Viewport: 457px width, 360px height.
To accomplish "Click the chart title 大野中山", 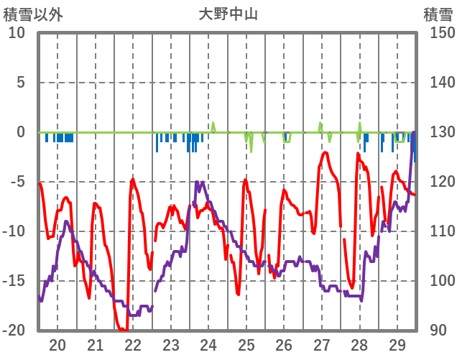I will [x=228, y=14].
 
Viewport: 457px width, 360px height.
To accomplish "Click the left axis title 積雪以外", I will [x=33, y=14].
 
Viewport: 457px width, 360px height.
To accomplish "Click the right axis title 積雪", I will [x=438, y=14].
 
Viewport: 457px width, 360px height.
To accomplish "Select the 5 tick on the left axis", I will [x=21, y=83].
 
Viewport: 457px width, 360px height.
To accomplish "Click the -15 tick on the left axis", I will [x=15, y=281].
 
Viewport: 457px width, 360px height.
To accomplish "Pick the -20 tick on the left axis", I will [x=15, y=331].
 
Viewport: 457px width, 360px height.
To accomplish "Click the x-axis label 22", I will [x=133, y=344].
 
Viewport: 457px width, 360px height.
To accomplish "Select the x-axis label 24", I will [x=208, y=344].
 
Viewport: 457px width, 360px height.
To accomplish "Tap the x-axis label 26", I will [x=284, y=344].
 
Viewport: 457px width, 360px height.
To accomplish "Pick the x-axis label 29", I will [x=397, y=344].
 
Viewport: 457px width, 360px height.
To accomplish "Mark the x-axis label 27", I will [x=322, y=344].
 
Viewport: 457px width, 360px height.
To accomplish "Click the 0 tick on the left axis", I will [x=21, y=132].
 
